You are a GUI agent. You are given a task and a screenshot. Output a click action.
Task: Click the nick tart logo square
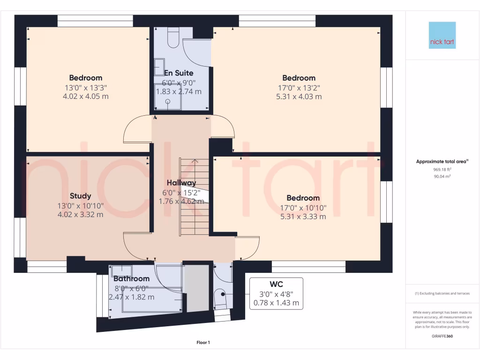(x=442, y=35)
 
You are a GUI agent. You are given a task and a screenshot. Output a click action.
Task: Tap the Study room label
(x=80, y=196)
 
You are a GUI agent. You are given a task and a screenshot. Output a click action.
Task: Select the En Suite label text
(x=178, y=73)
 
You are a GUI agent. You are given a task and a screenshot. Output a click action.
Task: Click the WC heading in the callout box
(x=276, y=284)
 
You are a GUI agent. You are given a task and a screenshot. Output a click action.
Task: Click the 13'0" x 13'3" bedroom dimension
(x=85, y=87)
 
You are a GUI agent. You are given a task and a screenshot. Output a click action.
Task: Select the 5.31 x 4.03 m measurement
(x=299, y=97)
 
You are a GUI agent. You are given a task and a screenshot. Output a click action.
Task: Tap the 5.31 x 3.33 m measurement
(x=303, y=217)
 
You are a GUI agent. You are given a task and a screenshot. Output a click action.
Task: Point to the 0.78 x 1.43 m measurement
(x=276, y=303)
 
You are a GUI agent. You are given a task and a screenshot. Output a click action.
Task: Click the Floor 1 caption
(x=203, y=343)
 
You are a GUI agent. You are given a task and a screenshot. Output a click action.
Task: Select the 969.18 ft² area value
(x=442, y=169)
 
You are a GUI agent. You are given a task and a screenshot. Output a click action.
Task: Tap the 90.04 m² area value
(x=442, y=176)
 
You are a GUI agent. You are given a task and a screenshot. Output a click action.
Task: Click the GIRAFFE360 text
(x=442, y=336)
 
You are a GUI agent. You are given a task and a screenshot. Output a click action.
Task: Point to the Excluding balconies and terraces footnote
(x=442, y=293)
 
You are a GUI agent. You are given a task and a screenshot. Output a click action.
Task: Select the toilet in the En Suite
(x=172, y=39)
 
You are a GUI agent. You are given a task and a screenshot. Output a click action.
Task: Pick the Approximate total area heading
(x=442, y=162)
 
